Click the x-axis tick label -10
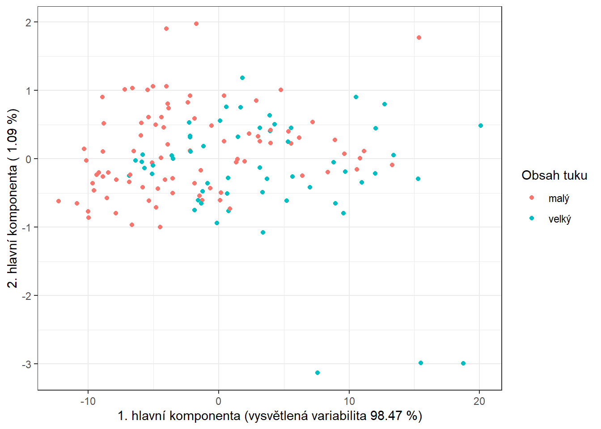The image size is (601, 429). click(x=88, y=401)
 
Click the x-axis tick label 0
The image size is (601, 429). click(x=218, y=401)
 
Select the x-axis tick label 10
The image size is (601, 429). click(x=349, y=401)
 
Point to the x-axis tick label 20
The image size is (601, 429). click(x=479, y=401)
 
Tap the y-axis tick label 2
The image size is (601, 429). click(x=29, y=22)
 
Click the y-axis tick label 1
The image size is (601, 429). click(x=29, y=91)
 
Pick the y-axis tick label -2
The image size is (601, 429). click(x=27, y=296)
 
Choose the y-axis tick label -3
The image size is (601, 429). click(x=27, y=364)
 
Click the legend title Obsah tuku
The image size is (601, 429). click(x=554, y=175)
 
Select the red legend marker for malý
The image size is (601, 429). click(x=532, y=198)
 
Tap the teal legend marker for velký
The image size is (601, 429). click(x=532, y=218)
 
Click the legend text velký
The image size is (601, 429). click(x=559, y=219)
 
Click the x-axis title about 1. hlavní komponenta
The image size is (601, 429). click(x=270, y=416)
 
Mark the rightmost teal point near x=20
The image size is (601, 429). click(x=481, y=126)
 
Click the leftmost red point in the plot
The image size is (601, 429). click(x=59, y=201)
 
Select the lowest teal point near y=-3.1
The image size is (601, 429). click(x=317, y=373)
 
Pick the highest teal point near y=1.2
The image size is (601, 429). click(x=242, y=78)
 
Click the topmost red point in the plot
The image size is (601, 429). click(x=196, y=24)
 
